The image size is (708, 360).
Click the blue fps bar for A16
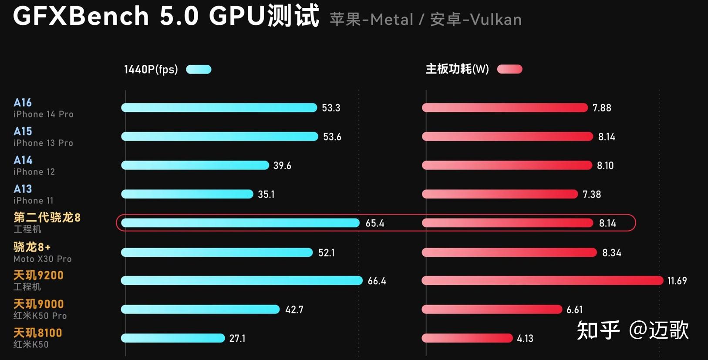click(x=219, y=108)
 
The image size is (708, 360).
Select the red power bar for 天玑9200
click(x=542, y=281)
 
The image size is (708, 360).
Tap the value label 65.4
click(x=375, y=223)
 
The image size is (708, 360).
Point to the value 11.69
click(x=677, y=281)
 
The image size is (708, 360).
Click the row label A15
click(x=23, y=131)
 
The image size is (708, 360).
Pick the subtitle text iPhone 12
click(x=34, y=172)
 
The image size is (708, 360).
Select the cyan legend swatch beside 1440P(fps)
click(x=199, y=69)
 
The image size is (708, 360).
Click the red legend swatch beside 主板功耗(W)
click(x=509, y=69)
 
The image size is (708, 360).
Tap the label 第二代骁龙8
click(x=47, y=217)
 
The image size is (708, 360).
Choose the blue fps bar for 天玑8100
click(x=173, y=338)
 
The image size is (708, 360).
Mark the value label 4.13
click(x=525, y=338)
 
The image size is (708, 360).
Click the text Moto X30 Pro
click(x=43, y=259)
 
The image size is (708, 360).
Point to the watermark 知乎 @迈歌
click(x=633, y=330)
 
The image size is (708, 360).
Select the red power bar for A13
click(x=500, y=194)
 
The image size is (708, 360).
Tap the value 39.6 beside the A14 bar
click(x=282, y=165)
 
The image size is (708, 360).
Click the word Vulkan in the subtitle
click(x=496, y=20)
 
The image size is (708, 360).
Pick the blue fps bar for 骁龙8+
click(x=217, y=252)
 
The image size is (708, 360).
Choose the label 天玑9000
click(x=39, y=304)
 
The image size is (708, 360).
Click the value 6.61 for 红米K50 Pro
click(x=574, y=310)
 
